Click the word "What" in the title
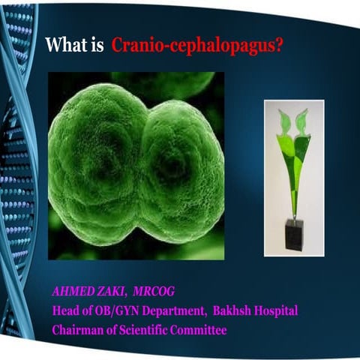point(64,44)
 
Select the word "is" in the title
point(97,44)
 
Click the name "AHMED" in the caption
point(73,290)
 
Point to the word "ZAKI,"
point(116,290)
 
